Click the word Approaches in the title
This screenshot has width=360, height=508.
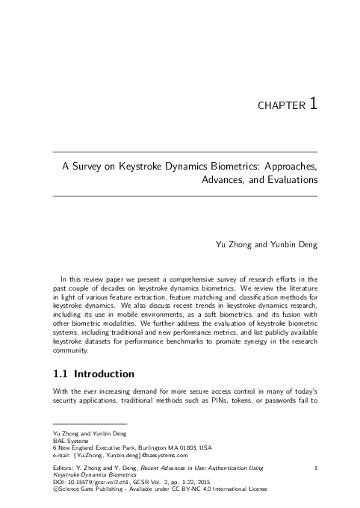coord(287,167)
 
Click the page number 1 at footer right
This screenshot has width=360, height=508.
coord(317,469)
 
